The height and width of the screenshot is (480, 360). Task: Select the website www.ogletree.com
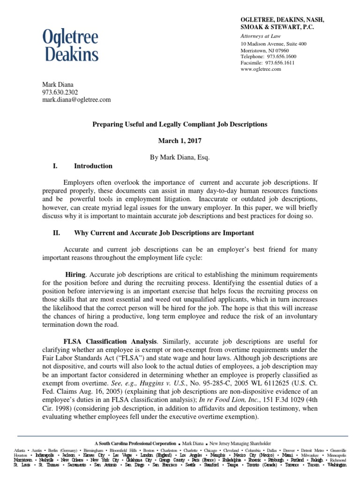[x=260, y=69]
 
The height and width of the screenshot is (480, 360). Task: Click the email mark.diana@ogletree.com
[x=76, y=99]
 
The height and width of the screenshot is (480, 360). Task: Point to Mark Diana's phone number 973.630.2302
[x=60, y=92]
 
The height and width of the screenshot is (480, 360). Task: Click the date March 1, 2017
[x=180, y=141]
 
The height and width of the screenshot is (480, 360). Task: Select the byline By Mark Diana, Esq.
[x=180, y=157]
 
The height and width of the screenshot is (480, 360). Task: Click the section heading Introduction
[x=93, y=166]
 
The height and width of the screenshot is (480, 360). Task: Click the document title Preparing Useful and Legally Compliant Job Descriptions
[x=180, y=124]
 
